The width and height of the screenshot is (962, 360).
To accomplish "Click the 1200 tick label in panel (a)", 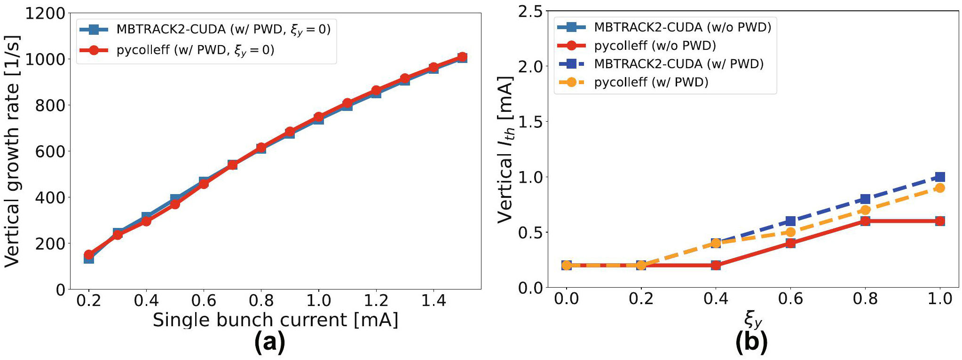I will tap(45, 13).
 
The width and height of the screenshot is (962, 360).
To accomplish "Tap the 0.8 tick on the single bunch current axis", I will tap(261, 300).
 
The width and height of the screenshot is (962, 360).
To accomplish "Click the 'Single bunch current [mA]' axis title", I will tap(275, 320).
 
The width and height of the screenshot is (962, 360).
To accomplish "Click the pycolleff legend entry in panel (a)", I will tap(195, 50).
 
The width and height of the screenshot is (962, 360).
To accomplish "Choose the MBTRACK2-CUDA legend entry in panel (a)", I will tap(223, 29).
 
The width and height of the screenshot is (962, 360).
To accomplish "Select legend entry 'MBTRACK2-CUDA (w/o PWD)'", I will tap(682, 27).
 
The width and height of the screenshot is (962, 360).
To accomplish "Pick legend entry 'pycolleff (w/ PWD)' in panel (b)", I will tap(651, 82).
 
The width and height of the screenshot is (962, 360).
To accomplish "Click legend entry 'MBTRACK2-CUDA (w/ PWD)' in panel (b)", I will tap(678, 64).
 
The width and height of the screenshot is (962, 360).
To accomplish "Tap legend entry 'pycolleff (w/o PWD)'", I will tap(654, 46).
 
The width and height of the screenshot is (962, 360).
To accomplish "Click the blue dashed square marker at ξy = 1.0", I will tap(940, 177).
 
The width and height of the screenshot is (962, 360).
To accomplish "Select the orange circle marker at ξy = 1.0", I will tap(940, 188).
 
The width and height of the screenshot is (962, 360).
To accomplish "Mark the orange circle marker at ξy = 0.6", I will tap(790, 232).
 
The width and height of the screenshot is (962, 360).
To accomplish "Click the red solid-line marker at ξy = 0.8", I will tap(865, 221).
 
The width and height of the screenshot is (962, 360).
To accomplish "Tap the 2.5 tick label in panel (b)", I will tap(530, 12).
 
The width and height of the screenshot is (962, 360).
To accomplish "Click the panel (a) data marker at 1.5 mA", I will tap(462, 57).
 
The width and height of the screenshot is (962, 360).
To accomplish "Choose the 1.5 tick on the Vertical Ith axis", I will tap(530, 122).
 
